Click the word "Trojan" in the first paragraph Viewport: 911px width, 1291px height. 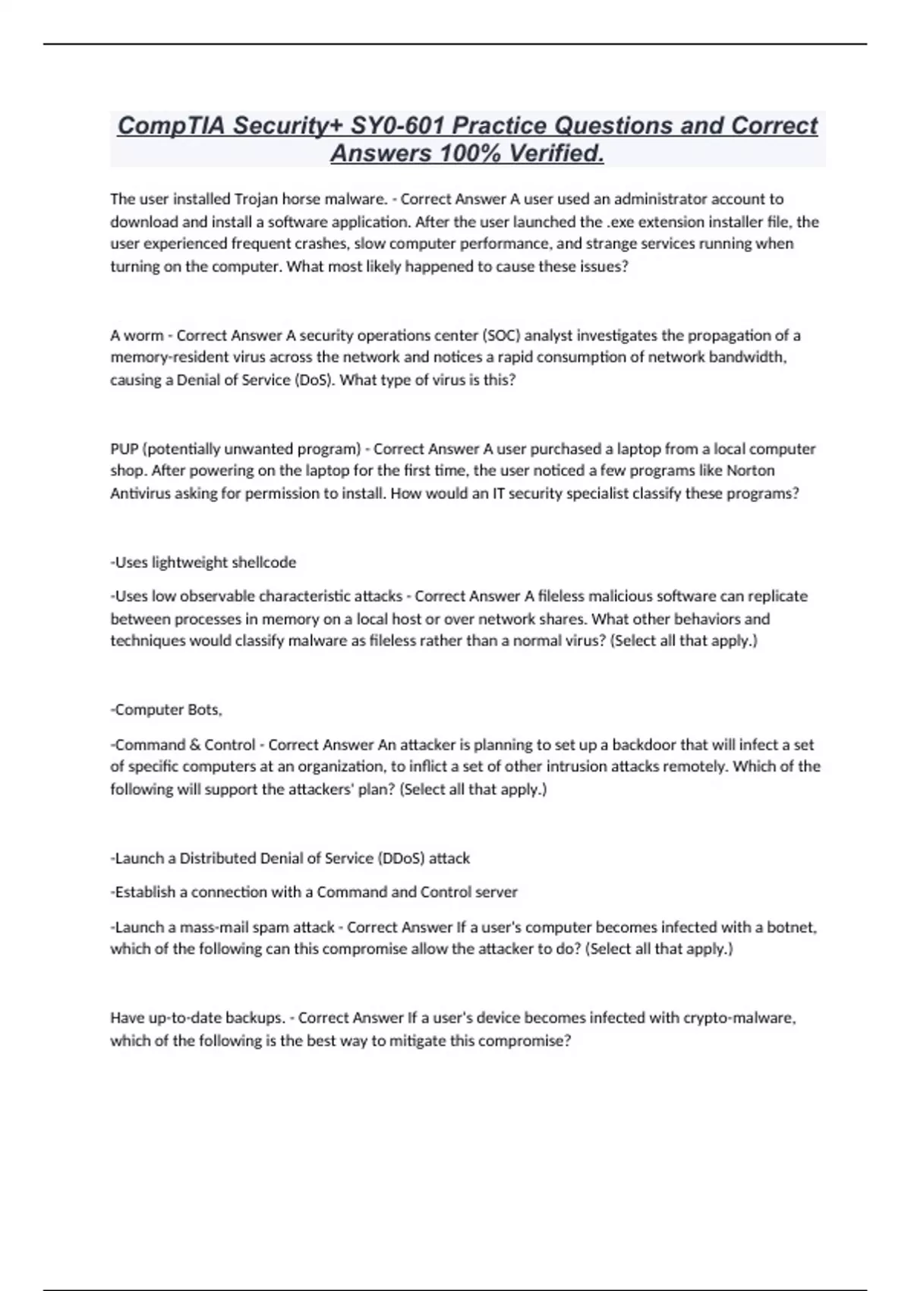257,199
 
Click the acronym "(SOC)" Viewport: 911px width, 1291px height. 501,336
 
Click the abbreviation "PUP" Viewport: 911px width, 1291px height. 124,449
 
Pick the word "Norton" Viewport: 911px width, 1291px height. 751,471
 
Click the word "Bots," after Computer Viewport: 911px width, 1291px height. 204,710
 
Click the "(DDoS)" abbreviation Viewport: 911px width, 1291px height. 401,858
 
